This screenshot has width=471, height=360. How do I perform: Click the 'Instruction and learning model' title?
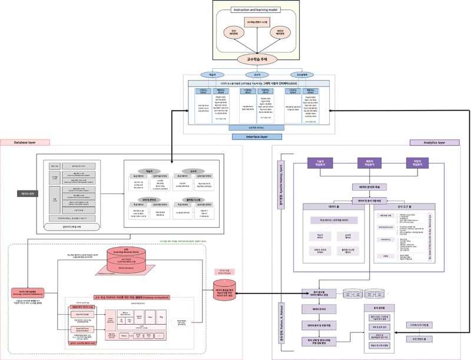[256, 10]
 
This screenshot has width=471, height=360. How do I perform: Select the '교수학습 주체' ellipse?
[257, 59]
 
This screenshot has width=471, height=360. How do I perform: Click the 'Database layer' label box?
[25, 142]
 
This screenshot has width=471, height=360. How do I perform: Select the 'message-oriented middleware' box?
[27, 292]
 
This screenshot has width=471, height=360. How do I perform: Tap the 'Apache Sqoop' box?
[82, 315]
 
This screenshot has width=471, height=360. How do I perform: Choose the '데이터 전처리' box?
[319, 309]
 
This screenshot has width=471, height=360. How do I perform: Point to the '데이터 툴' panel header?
[333, 207]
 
